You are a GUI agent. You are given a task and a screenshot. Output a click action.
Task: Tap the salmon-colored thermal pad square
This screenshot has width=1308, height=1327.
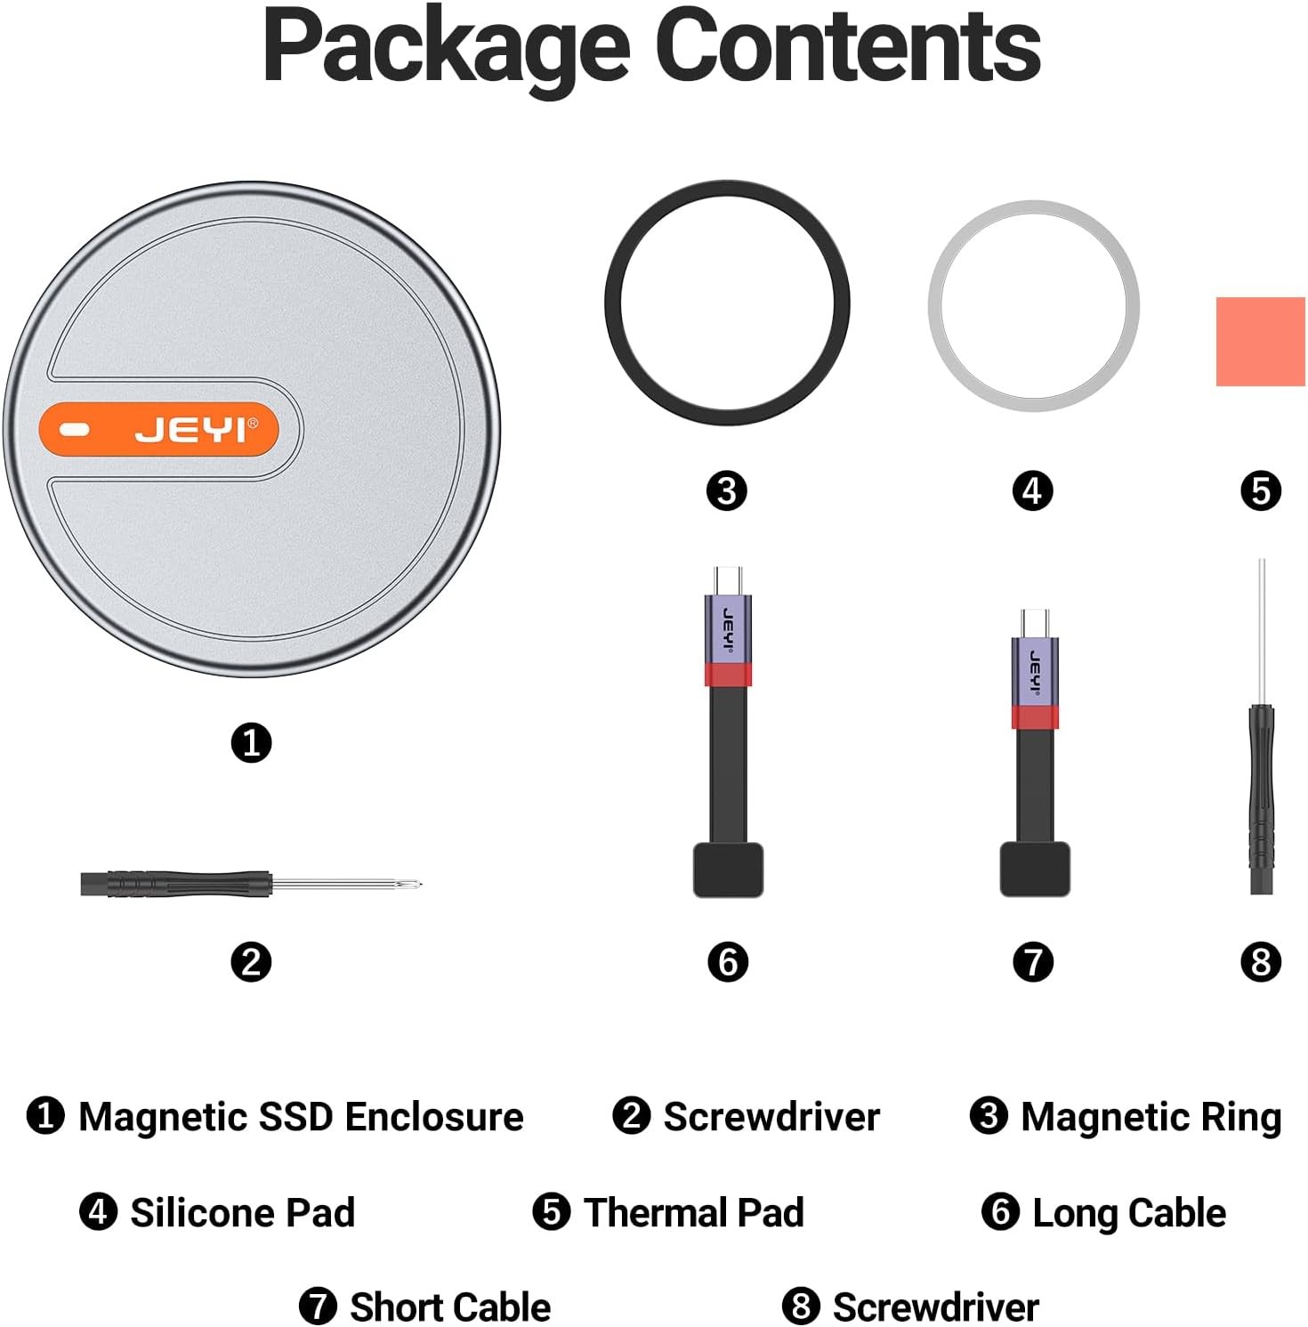click(x=1259, y=342)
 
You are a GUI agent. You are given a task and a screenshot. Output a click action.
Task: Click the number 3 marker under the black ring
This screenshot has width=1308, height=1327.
click(x=726, y=490)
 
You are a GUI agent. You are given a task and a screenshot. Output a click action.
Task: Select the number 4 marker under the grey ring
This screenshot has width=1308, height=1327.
click(x=1032, y=490)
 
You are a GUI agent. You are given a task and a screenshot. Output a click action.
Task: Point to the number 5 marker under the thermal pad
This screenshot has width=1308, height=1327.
click(x=1260, y=490)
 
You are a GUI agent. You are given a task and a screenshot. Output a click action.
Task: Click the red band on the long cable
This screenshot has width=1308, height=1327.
click(x=728, y=675)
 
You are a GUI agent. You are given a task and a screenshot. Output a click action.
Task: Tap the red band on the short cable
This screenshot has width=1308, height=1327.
click(x=1034, y=717)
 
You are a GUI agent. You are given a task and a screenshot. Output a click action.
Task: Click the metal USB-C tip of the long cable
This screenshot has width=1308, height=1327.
click(x=728, y=579)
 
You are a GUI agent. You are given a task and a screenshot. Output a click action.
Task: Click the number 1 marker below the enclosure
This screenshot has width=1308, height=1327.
click(x=251, y=742)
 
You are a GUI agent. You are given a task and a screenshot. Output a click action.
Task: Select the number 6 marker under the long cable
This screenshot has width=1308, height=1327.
click(x=728, y=962)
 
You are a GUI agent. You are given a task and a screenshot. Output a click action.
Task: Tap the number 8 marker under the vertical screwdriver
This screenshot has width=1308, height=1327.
click(x=1260, y=962)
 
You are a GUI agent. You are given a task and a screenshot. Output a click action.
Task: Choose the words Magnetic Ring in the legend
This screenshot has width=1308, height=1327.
click(x=1151, y=1117)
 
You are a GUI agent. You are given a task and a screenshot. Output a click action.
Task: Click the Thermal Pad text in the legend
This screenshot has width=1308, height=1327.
click(x=694, y=1212)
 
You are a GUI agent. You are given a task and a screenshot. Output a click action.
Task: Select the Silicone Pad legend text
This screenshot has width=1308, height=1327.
click(x=243, y=1212)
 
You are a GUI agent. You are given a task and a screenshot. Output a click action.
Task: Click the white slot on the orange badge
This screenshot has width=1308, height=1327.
click(x=75, y=431)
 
